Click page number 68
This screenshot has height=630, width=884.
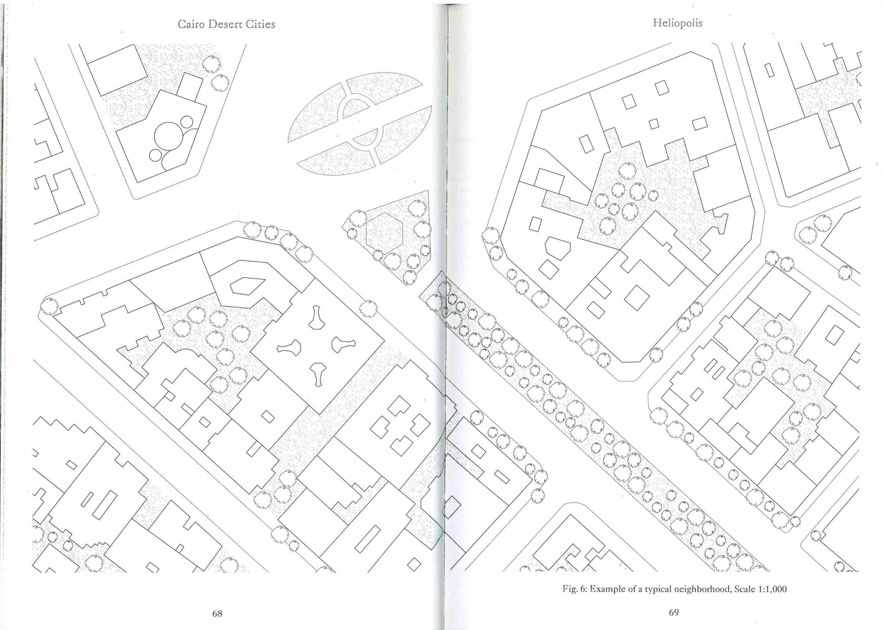217,613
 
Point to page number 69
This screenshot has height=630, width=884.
674,612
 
